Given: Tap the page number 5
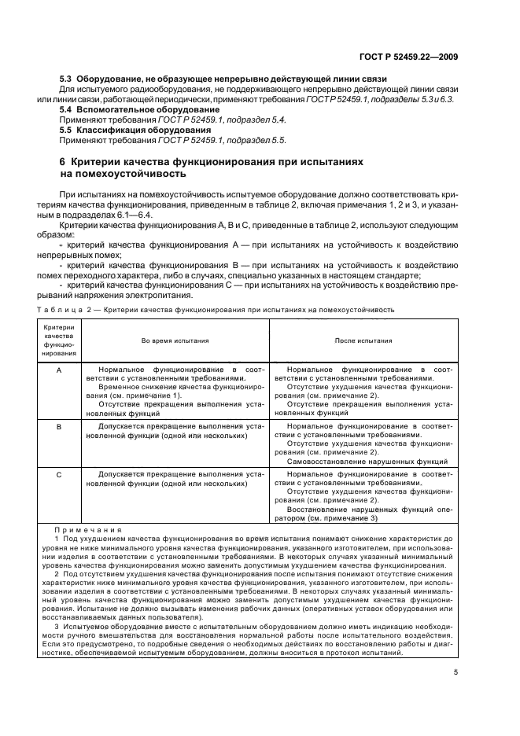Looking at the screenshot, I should click(x=455, y=672).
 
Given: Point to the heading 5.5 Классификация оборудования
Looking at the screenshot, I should click(x=127, y=130).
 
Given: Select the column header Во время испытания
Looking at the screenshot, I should click(x=175, y=340).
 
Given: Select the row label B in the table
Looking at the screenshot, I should click(x=60, y=425).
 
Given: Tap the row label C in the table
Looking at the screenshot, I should click(x=60, y=477).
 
